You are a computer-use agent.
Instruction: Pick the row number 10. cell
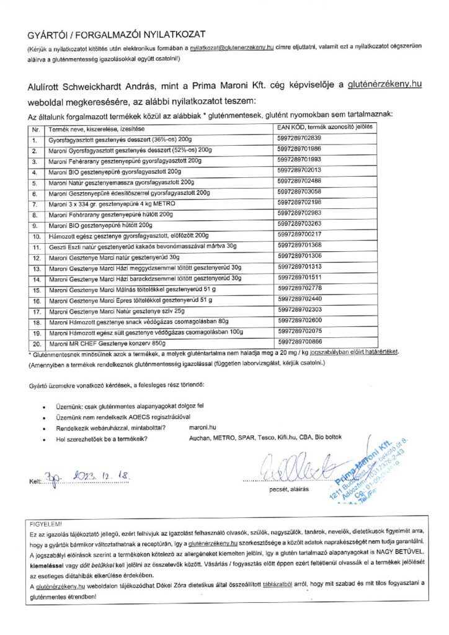tap(36, 236)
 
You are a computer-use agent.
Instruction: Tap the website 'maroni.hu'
tap(200, 427)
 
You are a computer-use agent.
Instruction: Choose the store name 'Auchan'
tap(198, 438)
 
